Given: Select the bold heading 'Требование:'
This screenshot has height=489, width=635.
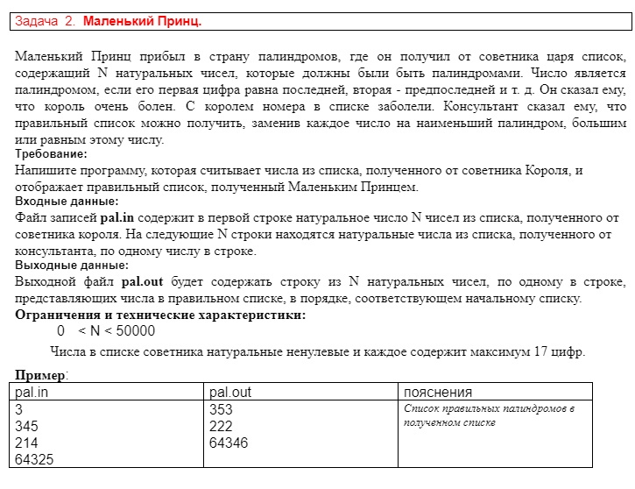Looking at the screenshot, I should point(51,154).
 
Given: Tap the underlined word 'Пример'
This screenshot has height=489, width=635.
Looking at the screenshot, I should point(39,376).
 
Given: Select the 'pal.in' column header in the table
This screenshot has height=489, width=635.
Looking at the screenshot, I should point(33,392).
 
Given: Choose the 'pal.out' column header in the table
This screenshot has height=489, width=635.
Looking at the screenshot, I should point(230,392).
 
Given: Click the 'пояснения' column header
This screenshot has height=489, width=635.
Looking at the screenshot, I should point(438,392).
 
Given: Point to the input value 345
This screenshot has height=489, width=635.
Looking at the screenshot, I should point(27,426).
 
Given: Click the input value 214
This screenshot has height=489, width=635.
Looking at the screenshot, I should point(27,443).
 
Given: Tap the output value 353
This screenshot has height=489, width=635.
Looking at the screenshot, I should point(222,409).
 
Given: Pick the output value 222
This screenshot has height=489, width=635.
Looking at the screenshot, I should point(222,426).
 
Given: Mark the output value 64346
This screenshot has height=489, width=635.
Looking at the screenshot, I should point(229,443).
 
